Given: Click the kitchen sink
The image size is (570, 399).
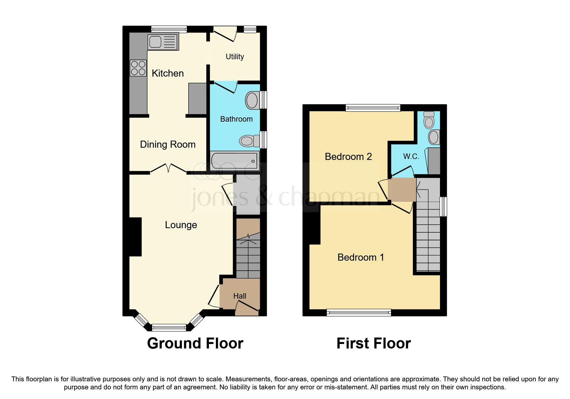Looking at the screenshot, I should [x=163, y=42].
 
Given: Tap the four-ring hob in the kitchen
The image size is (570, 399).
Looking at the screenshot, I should [x=138, y=68].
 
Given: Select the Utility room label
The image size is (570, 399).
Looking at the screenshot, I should [x=235, y=57].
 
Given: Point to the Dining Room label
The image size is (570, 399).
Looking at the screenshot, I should [x=167, y=144].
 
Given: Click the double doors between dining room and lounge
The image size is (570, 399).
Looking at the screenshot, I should [x=168, y=168].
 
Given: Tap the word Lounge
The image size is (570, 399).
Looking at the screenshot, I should [x=181, y=225].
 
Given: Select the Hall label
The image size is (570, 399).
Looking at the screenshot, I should [x=240, y=296].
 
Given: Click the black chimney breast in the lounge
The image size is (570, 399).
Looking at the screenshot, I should [x=135, y=237].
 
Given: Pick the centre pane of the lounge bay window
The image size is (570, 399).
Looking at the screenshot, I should [x=169, y=328].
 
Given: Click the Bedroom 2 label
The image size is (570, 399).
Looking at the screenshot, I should [x=348, y=157].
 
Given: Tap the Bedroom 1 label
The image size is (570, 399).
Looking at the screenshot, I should [x=360, y=257].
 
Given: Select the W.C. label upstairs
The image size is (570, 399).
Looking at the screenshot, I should [x=411, y=157].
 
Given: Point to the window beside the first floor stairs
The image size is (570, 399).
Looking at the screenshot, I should [x=443, y=207].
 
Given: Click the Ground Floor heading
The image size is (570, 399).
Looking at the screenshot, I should [x=195, y=343].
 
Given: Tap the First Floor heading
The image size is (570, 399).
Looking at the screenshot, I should [x=373, y=343].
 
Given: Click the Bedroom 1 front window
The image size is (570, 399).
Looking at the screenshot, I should [x=359, y=312].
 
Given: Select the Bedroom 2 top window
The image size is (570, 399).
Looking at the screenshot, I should [x=373, y=108].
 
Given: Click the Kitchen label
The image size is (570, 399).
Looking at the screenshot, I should [x=168, y=73].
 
